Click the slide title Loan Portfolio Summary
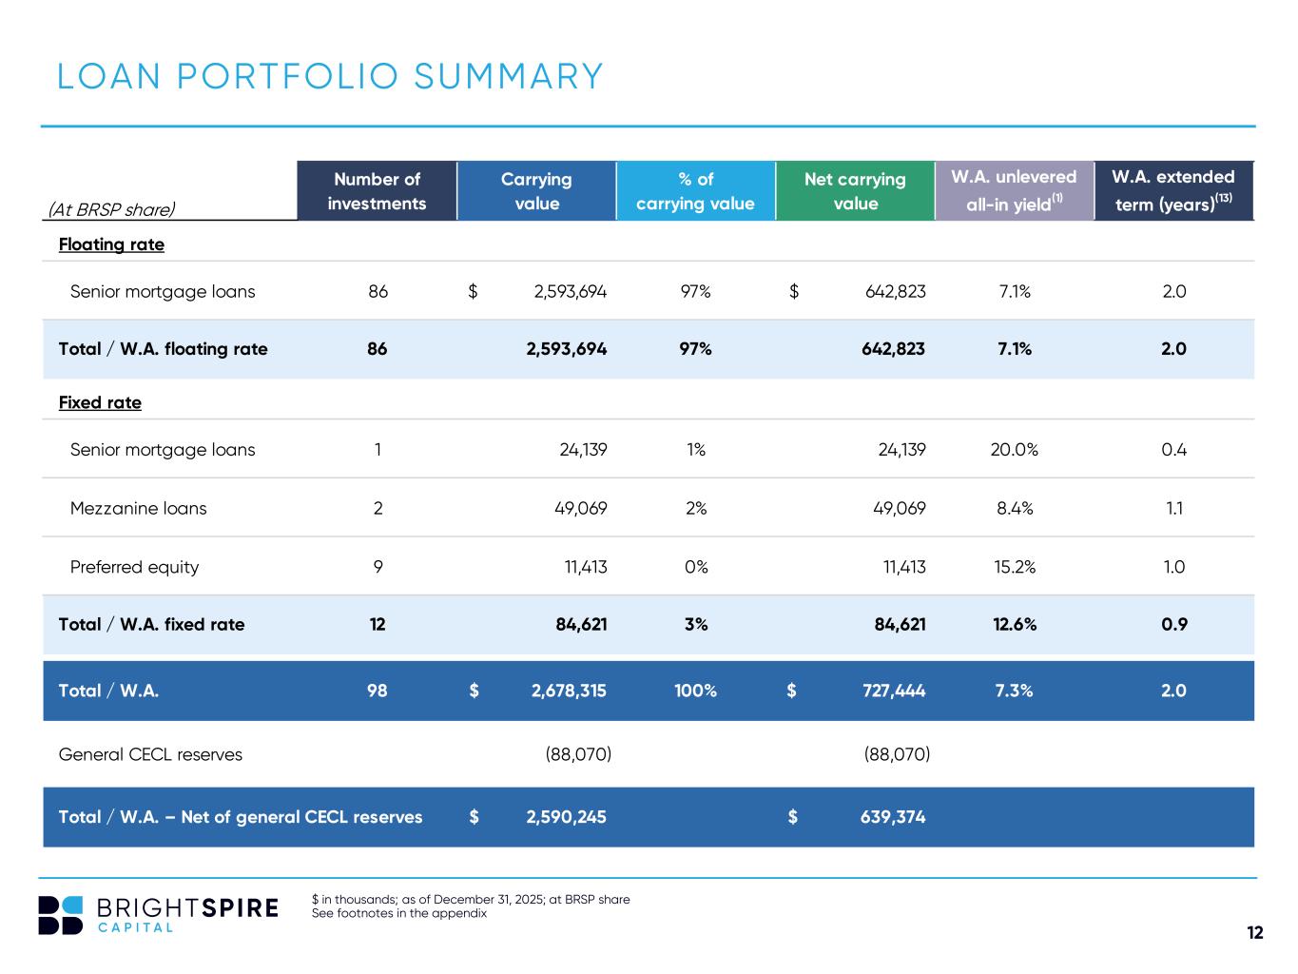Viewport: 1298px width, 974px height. point(330,77)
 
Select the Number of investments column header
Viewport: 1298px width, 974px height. point(377,191)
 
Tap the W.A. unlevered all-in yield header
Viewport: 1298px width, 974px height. point(1014,191)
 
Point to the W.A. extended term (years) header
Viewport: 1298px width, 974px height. point(1172,191)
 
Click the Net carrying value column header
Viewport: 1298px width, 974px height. point(855,191)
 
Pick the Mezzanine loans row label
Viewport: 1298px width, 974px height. point(138,508)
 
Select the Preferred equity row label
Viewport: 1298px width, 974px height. point(134,567)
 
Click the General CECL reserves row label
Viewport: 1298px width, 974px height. point(150,754)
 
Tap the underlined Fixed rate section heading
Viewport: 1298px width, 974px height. point(100,402)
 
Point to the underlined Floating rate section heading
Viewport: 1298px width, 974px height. point(111,244)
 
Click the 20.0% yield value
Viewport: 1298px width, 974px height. point(1014,450)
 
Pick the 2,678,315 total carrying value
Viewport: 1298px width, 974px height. point(569,691)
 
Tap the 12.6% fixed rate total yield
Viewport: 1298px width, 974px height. point(1015,624)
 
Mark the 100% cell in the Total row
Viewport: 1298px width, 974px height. point(695,691)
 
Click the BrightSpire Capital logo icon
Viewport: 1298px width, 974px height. point(61,915)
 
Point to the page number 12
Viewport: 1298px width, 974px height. point(1255,932)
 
